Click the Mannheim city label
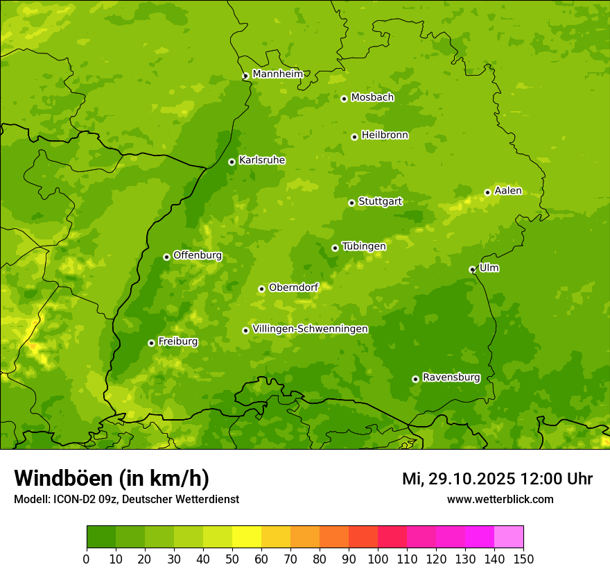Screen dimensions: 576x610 [x=277, y=74]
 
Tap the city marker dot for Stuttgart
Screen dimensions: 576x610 [x=351, y=203]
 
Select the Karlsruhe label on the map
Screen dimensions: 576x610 [x=262, y=160]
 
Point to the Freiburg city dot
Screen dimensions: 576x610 [x=151, y=343]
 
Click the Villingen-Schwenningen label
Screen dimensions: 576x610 [x=310, y=329]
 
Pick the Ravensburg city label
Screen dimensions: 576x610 [x=451, y=378]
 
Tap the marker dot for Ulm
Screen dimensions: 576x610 [x=472, y=269]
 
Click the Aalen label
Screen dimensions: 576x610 [x=508, y=191]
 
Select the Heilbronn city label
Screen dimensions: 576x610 [x=385, y=135]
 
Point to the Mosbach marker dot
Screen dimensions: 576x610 [x=344, y=99]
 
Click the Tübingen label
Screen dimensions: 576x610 [x=364, y=246]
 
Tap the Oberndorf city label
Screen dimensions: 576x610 [x=293, y=287]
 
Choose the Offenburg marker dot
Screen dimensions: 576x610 [x=166, y=257]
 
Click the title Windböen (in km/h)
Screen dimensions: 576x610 [x=112, y=478]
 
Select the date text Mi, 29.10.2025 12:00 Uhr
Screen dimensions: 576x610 [x=497, y=479]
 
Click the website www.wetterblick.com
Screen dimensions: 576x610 [x=500, y=499]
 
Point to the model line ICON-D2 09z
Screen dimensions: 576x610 [x=126, y=499]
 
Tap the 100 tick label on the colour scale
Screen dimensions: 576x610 [x=377, y=559]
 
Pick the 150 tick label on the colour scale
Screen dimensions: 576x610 [x=523, y=559]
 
